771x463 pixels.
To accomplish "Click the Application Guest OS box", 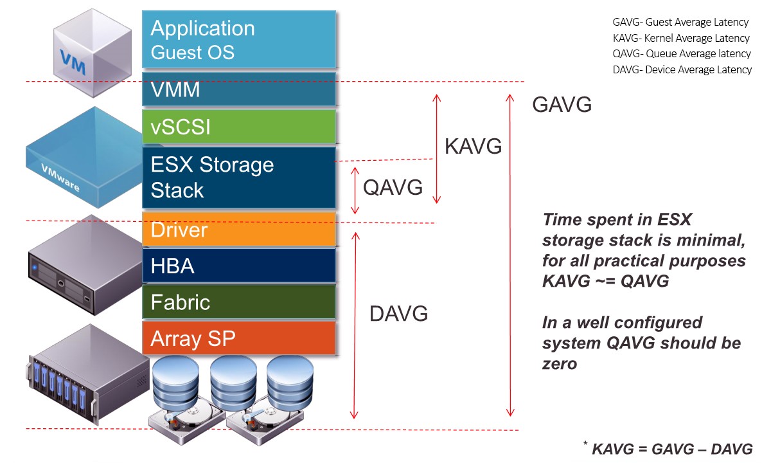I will [239, 39].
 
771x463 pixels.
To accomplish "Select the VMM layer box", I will [239, 89].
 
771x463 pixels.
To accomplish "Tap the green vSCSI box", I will [239, 127].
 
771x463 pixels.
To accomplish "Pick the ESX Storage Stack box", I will [239, 177].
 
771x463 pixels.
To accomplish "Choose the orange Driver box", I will [239, 230].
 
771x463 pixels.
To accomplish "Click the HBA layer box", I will [239, 266].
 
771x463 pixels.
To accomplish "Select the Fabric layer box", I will [239, 302].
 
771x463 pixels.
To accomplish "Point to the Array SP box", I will [239, 338].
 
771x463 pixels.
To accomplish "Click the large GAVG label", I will [562, 105].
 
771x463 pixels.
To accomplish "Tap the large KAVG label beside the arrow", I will [473, 147].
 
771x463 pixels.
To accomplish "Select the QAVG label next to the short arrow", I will [393, 187].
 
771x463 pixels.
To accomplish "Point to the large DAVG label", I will [398, 314].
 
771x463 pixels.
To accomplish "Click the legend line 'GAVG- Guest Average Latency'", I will [680, 23].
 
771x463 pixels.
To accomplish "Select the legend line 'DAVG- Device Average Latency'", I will [682, 69].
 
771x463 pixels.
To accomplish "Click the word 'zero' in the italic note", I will [560, 364].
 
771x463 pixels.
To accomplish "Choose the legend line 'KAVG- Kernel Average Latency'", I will [681, 38].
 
